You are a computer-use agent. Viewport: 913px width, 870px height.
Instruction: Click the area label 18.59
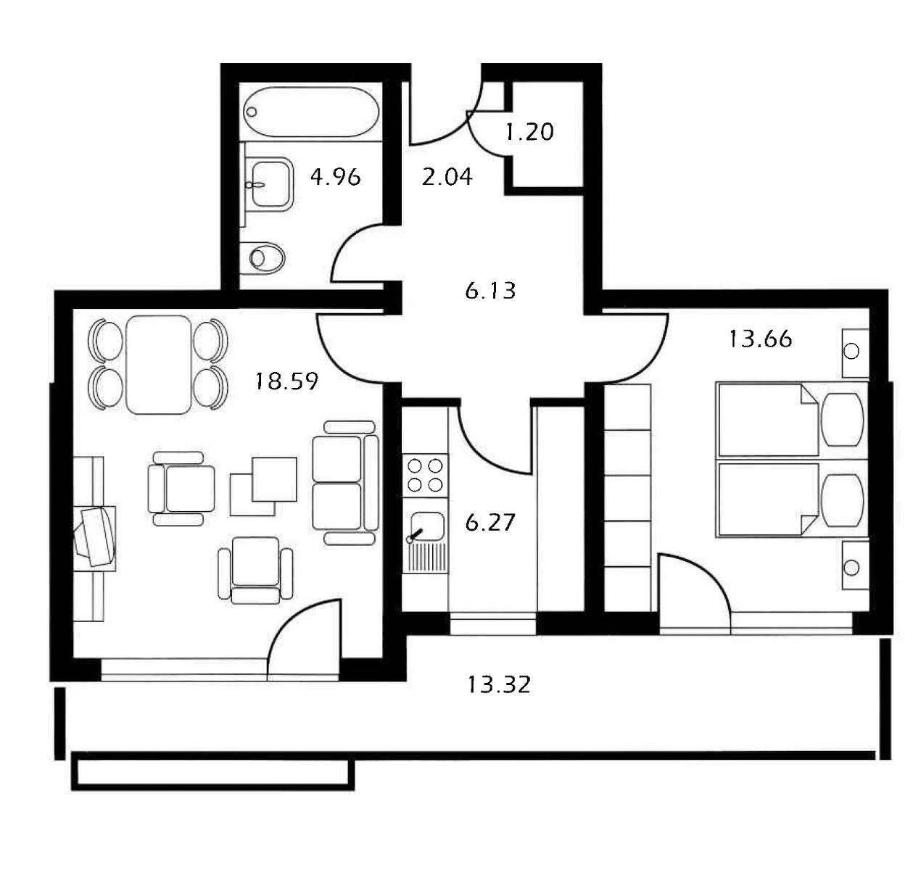pos(286,381)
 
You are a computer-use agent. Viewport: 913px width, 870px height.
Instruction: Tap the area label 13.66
pos(760,339)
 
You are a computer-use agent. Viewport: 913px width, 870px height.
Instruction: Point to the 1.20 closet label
pos(529,132)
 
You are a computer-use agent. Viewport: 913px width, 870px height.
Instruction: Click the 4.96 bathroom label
pos(335,176)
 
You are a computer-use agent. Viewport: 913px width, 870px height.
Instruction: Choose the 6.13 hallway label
pos(490,291)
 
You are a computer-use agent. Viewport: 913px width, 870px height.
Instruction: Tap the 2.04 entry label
pos(447,176)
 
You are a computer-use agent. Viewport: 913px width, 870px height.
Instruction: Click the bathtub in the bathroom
pos(312,112)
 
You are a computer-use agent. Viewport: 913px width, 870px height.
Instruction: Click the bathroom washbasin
pos(270,184)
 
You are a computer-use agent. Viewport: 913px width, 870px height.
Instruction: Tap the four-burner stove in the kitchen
pos(426,476)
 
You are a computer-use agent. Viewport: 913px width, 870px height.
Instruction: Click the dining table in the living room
pos(158,364)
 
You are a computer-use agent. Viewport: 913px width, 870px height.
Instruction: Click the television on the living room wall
pos(96,536)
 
